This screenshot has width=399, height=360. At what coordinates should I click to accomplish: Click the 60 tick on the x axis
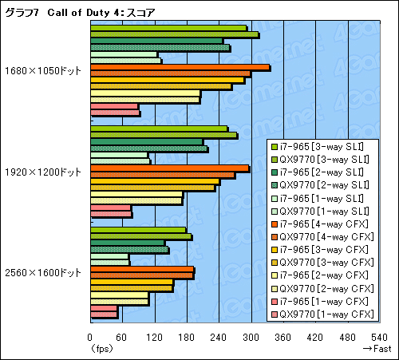[121, 337]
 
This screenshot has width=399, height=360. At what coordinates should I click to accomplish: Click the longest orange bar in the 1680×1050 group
[180, 67]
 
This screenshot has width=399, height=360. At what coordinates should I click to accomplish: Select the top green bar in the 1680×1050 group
[168, 28]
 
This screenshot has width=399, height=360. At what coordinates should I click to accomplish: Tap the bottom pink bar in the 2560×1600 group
[104, 312]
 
